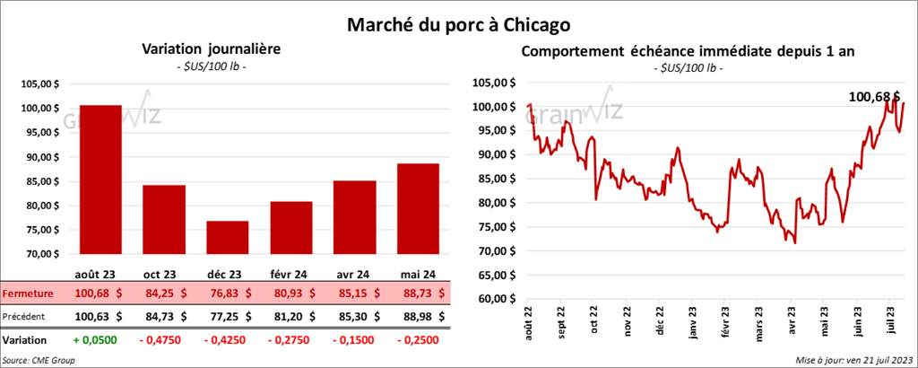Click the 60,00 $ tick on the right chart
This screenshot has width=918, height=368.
pyautogui.click(x=498, y=299)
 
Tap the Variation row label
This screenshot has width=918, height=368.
pyautogui.click(x=25, y=341)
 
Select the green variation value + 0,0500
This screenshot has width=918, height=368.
pyautogui.click(x=100, y=341)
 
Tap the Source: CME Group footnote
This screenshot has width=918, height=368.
pyautogui.click(x=39, y=360)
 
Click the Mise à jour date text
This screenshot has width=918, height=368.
pyautogui.click(x=853, y=360)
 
